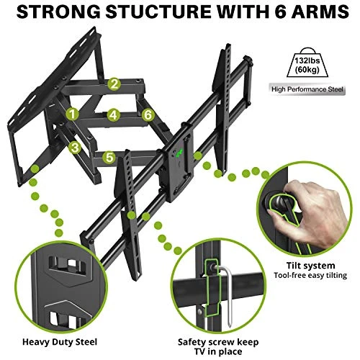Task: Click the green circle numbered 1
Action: [x=73, y=114]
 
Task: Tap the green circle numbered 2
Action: [x=114, y=84]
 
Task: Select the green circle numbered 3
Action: [x=74, y=147]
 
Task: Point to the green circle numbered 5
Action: [x=108, y=156]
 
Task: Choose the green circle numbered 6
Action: [x=147, y=114]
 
